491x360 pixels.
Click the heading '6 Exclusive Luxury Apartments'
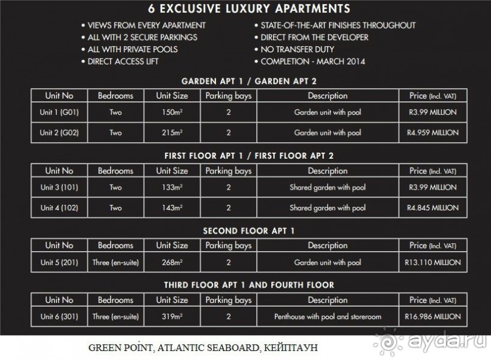249,9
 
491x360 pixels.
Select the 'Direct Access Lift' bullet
123,62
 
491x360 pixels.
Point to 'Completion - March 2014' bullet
313,62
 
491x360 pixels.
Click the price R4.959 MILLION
433,133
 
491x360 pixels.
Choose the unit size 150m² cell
172,112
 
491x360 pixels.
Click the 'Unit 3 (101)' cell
59,187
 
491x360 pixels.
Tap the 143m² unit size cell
172,208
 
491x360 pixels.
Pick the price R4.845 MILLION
433,208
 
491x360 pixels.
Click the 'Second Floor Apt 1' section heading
249,231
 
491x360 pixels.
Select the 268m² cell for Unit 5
172,263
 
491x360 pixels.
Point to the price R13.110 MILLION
433,263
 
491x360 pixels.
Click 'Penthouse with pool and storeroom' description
327,317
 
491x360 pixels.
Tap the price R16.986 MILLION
433,317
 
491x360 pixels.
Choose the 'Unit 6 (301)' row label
59,317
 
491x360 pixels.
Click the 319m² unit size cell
172,317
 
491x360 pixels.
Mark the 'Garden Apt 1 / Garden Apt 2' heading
249,81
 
